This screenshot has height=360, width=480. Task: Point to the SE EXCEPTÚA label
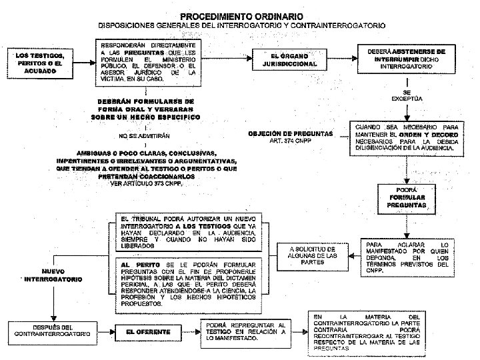[x=407, y=95]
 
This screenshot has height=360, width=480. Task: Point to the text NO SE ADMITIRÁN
[x=146, y=136]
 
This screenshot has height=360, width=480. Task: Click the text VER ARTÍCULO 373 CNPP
[x=147, y=184]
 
